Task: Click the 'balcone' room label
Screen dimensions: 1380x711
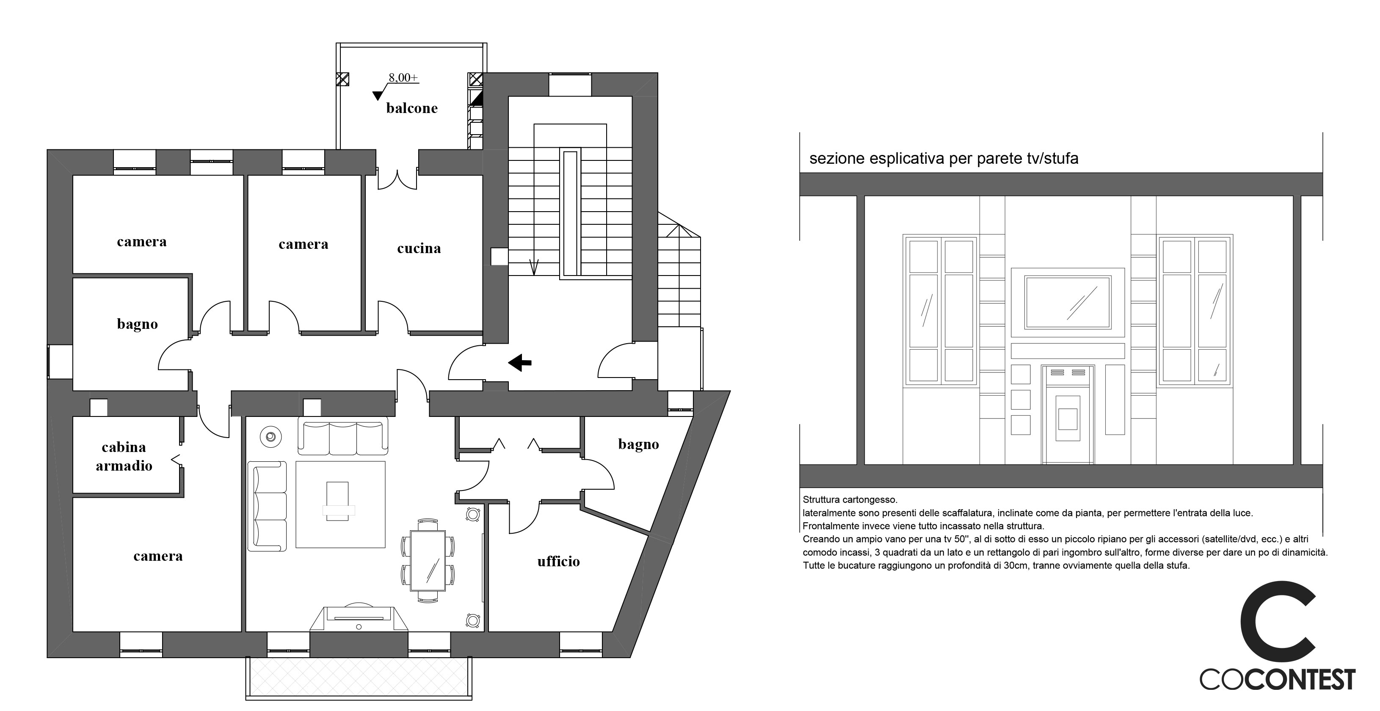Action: tap(412, 108)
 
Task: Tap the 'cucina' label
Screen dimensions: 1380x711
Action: tap(419, 248)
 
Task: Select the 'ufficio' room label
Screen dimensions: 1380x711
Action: tap(559, 561)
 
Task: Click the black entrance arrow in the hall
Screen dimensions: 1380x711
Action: tap(520, 362)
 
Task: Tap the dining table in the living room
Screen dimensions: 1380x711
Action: tap(428, 561)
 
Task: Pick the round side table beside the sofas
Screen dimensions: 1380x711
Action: tap(270, 437)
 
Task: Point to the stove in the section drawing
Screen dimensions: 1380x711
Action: tap(1068, 414)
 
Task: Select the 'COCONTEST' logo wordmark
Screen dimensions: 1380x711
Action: tap(1278, 680)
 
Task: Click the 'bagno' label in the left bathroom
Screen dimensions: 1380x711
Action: tap(138, 325)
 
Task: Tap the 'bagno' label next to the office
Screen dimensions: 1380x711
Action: tap(639, 444)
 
